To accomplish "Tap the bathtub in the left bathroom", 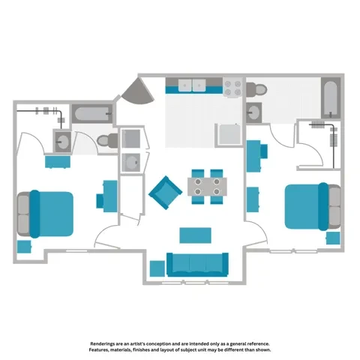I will pos(91,115).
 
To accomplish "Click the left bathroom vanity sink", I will pos(61,140).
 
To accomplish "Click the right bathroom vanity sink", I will pos(255,112).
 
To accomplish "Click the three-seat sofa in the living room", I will pos(197,265).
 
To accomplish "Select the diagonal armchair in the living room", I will pos(164,192).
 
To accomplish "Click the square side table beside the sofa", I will pos(157,268).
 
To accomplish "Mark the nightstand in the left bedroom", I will pos(25,246).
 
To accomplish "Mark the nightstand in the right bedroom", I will pos(332,238).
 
